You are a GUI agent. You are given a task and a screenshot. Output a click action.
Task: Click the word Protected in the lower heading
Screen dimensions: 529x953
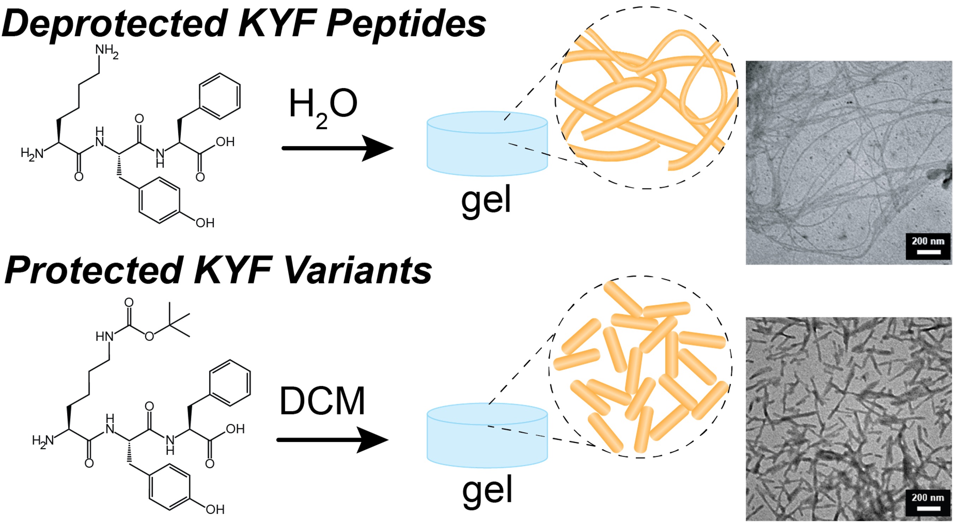pos(94,270)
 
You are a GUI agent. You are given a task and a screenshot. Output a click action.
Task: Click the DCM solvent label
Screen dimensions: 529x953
pos(322,401)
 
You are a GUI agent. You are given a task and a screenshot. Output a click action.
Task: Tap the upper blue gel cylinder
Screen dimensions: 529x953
pos(487,144)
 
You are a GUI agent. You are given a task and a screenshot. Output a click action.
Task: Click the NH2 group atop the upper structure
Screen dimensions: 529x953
pos(107,52)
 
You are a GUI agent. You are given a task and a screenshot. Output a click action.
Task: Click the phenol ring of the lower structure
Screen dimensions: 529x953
pos(170,487)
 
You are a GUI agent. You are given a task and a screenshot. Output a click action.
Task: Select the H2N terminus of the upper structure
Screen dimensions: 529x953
pos(32,153)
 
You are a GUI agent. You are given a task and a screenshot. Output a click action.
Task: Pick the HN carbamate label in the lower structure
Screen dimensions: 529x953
pos(104,336)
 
